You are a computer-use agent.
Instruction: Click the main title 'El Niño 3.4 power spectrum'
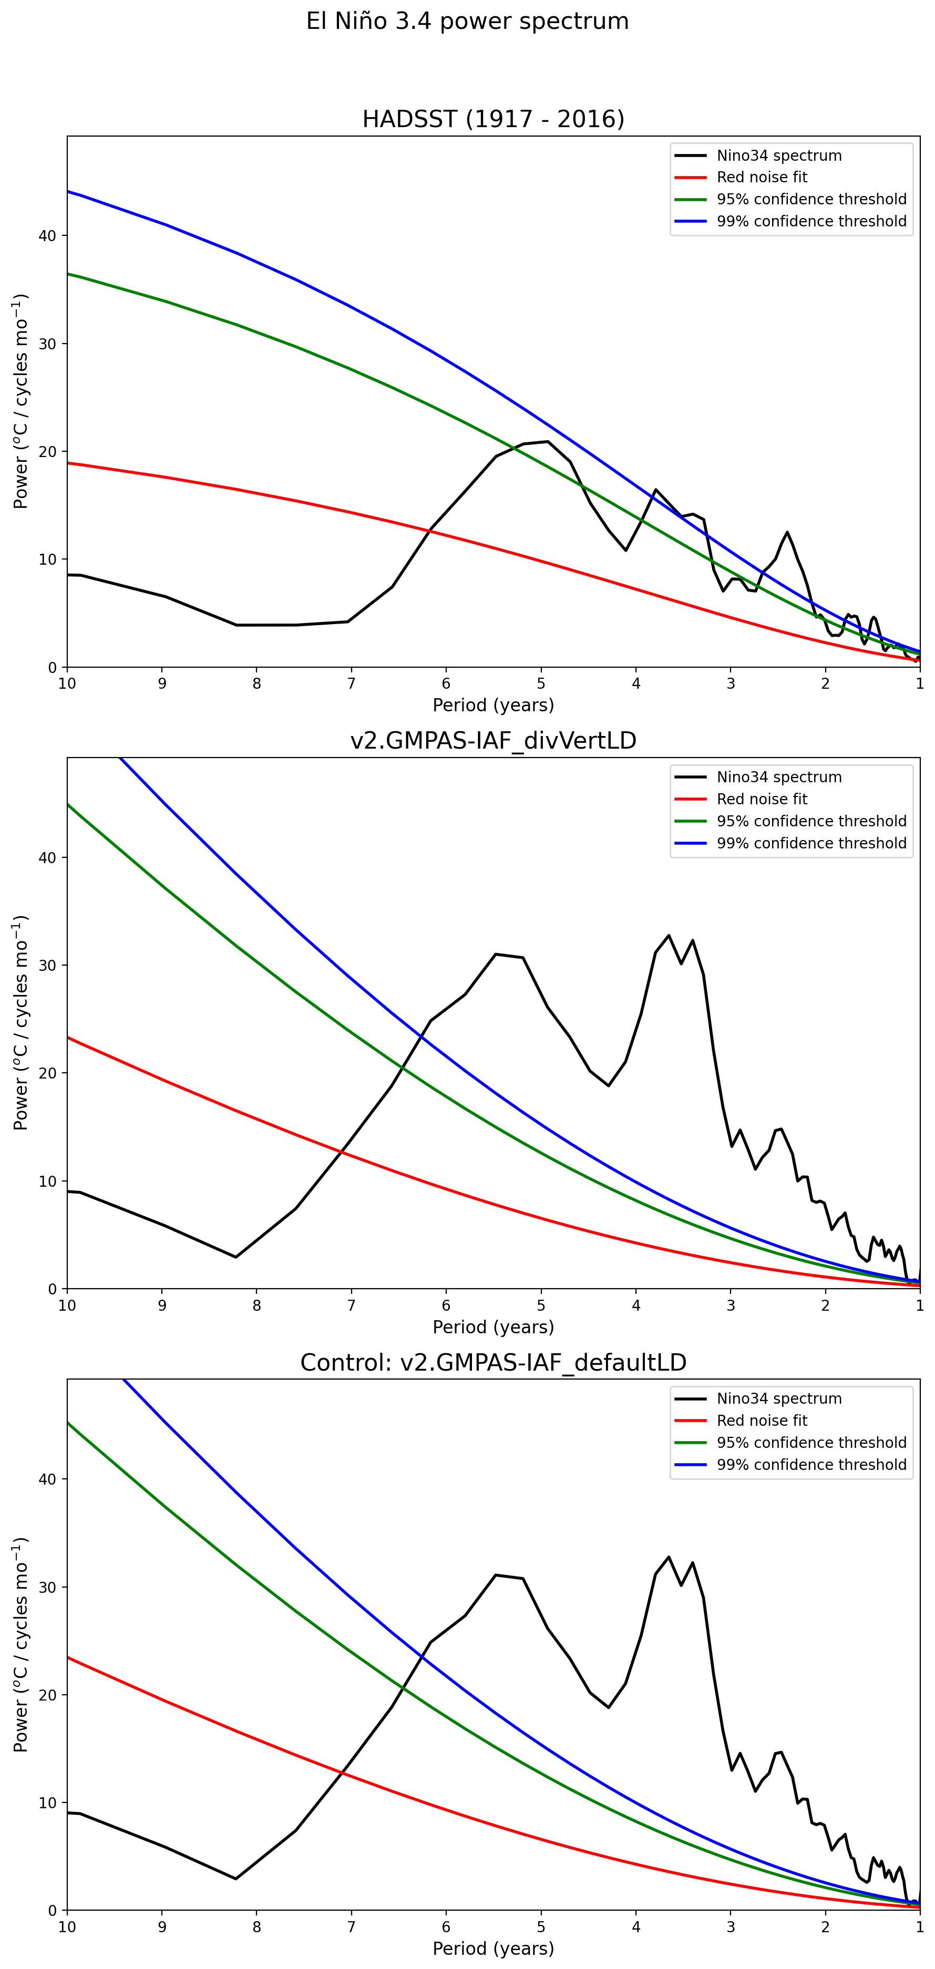(467, 22)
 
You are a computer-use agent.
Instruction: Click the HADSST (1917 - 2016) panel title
(493, 119)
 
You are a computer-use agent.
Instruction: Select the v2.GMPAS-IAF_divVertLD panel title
(493, 741)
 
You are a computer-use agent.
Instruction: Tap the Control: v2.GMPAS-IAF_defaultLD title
(493, 1362)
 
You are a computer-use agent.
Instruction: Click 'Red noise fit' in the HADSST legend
(762, 178)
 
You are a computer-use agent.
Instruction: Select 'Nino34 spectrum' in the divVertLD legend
(779, 778)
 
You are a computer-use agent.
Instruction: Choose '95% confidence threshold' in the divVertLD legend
(811, 821)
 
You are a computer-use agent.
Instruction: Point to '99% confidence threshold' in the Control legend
(811, 1465)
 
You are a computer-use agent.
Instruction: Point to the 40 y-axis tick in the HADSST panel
(47, 236)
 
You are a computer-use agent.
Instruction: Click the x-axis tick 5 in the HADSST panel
(541, 683)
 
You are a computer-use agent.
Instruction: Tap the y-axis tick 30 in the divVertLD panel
(47, 966)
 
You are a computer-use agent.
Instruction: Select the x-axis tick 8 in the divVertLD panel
(257, 1305)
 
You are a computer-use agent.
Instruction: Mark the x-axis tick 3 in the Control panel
(731, 1926)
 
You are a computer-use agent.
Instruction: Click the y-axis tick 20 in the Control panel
(47, 1695)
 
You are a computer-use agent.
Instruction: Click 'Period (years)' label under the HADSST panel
(493, 704)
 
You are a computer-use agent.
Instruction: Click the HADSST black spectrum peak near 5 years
(548, 441)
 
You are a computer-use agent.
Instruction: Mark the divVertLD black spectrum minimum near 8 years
(235, 1257)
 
